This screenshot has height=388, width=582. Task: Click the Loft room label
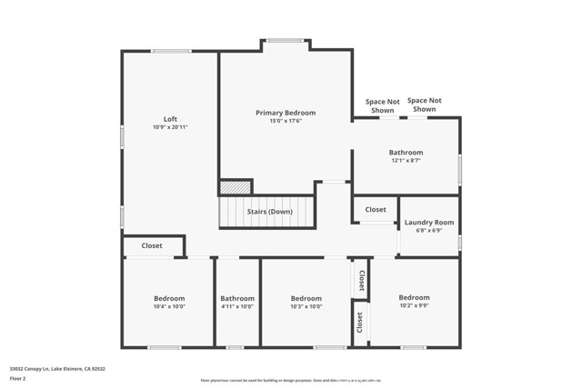[170, 119]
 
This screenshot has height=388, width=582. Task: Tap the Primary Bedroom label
[285, 113]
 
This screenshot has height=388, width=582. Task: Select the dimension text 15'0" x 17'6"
[285, 121]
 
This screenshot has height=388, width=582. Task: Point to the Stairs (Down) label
[269, 212]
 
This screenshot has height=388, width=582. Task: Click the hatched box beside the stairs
[236, 187]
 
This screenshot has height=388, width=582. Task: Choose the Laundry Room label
[429, 222]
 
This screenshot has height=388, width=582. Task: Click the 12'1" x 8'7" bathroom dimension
[406, 160]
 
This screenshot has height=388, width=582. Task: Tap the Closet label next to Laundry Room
[376, 209]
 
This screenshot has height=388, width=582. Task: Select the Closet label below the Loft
[152, 245]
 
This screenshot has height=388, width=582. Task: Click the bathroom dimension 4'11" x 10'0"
[237, 306]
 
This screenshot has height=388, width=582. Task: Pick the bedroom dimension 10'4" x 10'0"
[169, 306]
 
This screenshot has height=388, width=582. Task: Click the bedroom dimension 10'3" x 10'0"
[306, 306]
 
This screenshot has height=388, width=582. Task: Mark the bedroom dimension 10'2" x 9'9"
[414, 305]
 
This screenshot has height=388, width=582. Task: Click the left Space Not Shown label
[383, 105]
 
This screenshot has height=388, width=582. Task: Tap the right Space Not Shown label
[424, 104]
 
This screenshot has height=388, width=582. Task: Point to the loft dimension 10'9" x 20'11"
[170, 127]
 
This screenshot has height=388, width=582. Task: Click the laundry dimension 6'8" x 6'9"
[429, 230]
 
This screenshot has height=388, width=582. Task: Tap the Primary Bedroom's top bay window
[286, 40]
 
